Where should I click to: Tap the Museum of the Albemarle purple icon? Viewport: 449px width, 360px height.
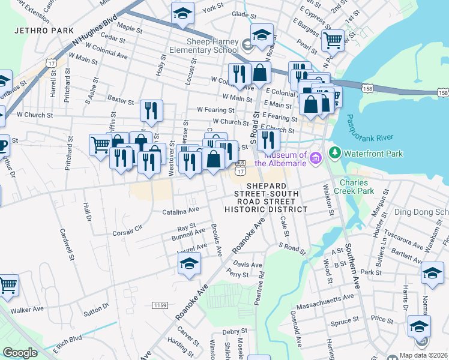[316, 158]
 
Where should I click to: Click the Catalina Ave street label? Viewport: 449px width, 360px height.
[181, 211]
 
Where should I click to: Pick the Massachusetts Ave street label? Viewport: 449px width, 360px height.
[329, 298]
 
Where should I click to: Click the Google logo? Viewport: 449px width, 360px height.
[20, 352]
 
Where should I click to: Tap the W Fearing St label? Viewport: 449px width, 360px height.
[215, 110]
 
